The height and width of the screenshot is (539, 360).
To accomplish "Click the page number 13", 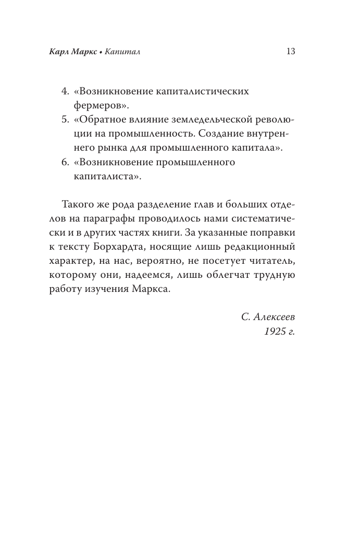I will pos(291,52).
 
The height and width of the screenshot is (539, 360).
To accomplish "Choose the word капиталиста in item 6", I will pos(105,176).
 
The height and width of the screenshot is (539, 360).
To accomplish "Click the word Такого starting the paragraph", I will pos(76,203).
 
